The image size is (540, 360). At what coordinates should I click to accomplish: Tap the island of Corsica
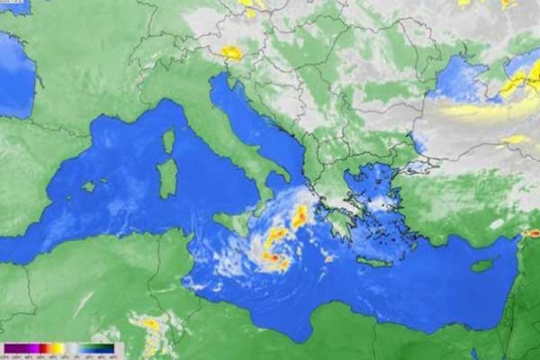[x=168, y=141]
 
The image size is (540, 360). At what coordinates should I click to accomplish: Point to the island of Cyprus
[x=483, y=265]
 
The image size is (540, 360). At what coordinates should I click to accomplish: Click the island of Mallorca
[x=88, y=186]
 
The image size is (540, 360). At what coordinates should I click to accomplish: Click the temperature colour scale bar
[x=58, y=348]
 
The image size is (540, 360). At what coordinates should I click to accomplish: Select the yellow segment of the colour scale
[x=58, y=348]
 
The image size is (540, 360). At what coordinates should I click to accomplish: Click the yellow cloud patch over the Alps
[x=232, y=53]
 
